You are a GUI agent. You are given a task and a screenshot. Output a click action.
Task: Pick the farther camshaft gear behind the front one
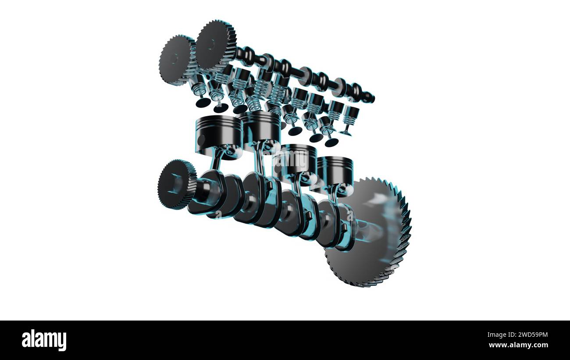tap(175, 59)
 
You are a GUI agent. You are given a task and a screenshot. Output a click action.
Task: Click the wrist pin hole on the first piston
tap(201, 140)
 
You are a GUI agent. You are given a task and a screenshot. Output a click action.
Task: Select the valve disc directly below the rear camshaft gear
tap(203, 103)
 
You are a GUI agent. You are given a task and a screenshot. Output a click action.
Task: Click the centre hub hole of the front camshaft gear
tap(212, 44)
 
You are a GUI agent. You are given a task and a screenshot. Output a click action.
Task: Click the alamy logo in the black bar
tap(44, 340)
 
